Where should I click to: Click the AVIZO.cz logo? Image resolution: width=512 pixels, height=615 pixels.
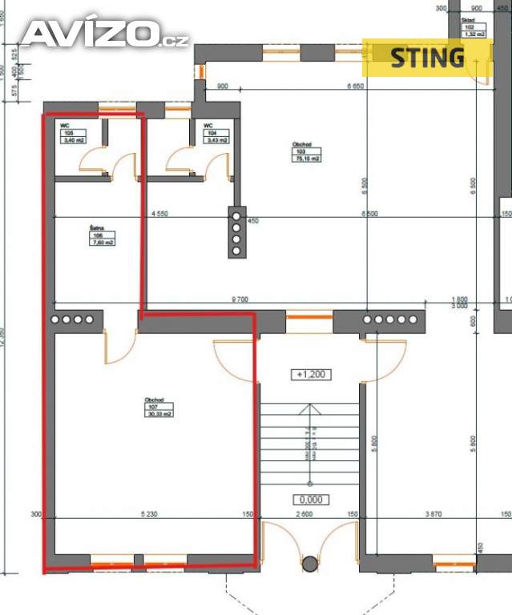(x=104, y=34)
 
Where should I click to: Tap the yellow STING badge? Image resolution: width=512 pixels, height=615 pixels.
(x=426, y=57)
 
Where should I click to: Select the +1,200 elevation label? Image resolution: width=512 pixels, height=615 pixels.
(x=312, y=374)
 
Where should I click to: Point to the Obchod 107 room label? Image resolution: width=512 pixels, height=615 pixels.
(x=157, y=408)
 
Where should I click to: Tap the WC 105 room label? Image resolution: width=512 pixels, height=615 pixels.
(x=73, y=133)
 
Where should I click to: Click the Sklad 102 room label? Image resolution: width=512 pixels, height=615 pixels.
(x=474, y=30)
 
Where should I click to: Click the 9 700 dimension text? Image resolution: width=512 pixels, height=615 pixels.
(x=239, y=299)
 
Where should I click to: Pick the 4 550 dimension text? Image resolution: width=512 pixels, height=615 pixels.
(x=159, y=214)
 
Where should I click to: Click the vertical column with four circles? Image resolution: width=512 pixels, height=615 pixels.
(x=236, y=233)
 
